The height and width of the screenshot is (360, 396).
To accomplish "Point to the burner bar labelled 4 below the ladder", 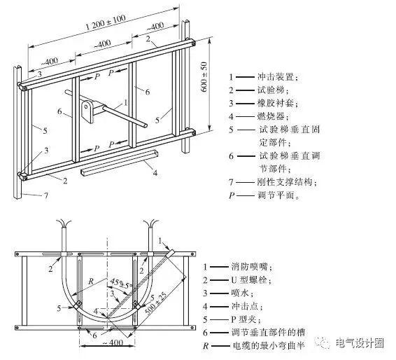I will (119, 162).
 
